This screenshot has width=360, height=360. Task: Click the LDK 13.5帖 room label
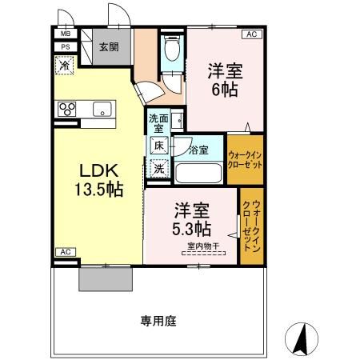[x=99, y=180]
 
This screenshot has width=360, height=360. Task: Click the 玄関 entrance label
[x=109, y=47]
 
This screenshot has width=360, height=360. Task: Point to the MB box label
[x=66, y=34]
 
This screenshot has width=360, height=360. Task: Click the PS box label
[x=66, y=47]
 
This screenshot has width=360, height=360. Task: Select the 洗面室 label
[x=158, y=123]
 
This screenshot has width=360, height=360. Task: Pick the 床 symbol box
[x=159, y=146]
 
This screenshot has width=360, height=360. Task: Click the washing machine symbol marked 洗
[x=159, y=168]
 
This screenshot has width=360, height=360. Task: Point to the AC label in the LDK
[x=66, y=252]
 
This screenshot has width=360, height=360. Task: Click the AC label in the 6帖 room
[x=251, y=34]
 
